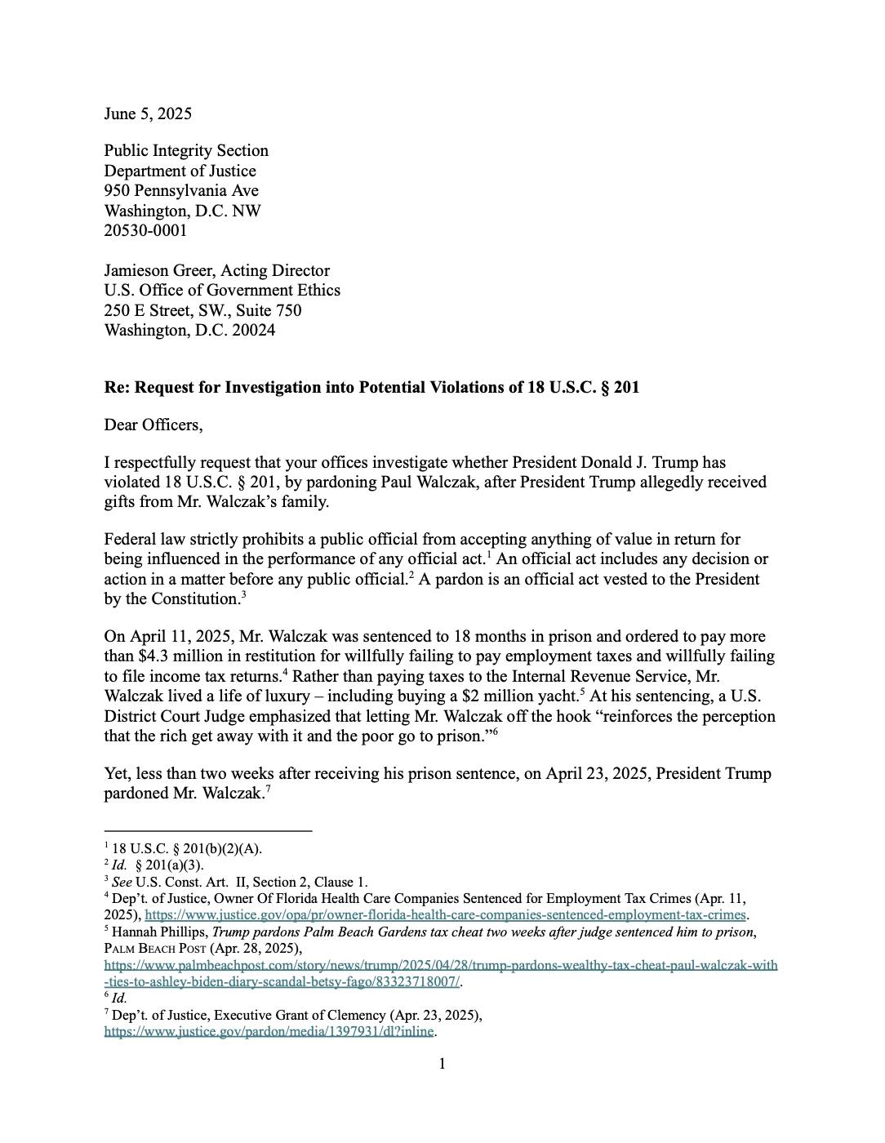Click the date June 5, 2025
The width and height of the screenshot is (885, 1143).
coord(148,113)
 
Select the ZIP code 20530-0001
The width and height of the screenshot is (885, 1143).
coord(145,230)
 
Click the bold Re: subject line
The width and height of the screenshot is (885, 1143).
coord(371,387)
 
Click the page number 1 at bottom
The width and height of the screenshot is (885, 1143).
coord(442,1064)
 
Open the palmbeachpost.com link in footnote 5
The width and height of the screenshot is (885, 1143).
coord(441,965)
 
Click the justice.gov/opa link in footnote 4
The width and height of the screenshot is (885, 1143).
coord(445,914)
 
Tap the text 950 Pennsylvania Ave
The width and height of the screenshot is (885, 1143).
coord(181,190)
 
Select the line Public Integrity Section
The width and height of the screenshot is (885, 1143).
coord(186,150)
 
